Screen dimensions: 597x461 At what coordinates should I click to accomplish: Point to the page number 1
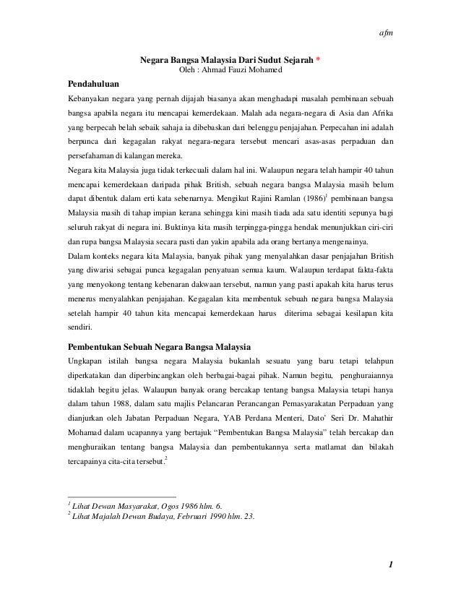tap(389, 564)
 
